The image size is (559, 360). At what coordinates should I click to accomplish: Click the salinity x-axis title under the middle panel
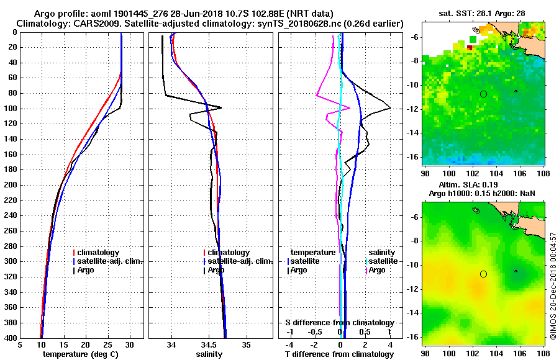click(x=210, y=354)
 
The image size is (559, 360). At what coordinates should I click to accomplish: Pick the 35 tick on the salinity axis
click(x=247, y=344)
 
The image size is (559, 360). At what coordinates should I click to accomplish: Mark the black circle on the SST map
click(x=483, y=94)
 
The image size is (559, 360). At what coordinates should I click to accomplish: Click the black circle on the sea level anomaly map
click(x=483, y=274)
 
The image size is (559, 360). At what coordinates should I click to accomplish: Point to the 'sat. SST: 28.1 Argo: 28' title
click(x=483, y=14)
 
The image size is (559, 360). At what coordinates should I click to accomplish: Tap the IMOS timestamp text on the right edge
click(x=553, y=286)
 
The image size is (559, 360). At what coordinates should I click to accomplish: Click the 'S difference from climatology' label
click(x=340, y=323)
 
